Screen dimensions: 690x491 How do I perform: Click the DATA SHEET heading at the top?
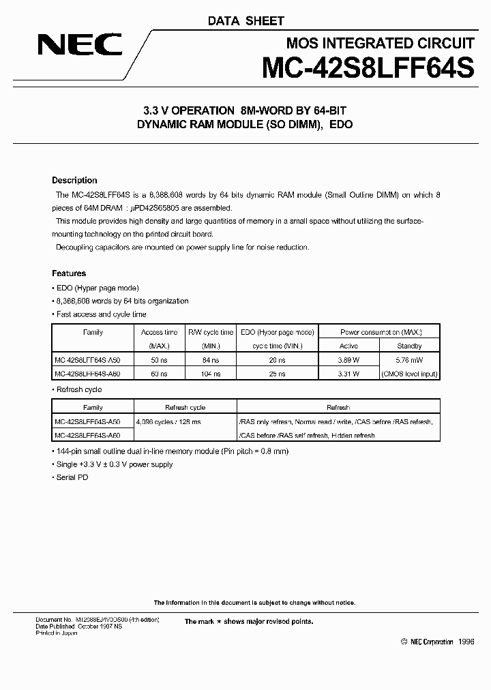pos(245,21)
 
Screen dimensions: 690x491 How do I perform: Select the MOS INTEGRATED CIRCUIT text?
pos(379,44)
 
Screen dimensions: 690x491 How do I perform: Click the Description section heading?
pos(74,181)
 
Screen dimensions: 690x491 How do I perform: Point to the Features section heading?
pos(69,273)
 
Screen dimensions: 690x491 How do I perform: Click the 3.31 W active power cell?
pos(348,374)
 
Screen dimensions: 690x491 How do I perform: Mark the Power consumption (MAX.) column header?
pos(381,332)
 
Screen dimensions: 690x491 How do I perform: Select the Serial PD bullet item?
pos(72,477)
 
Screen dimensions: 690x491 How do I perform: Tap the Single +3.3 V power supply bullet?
pos(114,464)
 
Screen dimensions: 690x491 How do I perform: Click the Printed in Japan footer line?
pos(57,633)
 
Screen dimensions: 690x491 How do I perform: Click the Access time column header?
pos(159,332)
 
